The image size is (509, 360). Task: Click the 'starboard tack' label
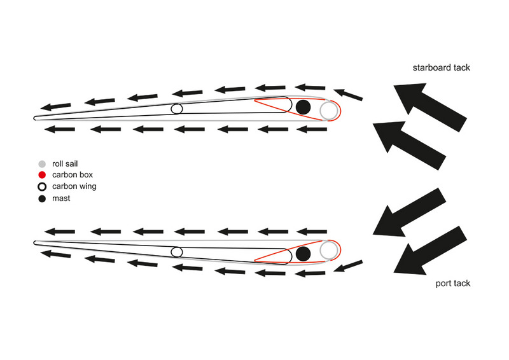(x=441, y=67)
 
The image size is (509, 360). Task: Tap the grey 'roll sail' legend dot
(x=42, y=163)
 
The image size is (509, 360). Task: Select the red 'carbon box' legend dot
(x=42, y=175)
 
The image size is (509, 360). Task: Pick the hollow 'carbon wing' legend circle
(x=42, y=187)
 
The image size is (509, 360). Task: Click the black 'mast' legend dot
(x=42, y=198)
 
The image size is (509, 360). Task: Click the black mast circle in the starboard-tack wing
(x=303, y=107)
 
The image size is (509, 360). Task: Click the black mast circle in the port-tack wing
(x=303, y=254)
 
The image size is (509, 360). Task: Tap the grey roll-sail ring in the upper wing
(x=328, y=110)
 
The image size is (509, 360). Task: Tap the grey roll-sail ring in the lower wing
(x=328, y=250)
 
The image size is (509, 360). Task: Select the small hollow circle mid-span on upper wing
(x=177, y=109)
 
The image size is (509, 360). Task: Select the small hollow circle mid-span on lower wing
(x=177, y=252)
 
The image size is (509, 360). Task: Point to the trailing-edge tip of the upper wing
(x=35, y=118)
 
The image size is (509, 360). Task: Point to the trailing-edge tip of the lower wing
(x=35, y=242)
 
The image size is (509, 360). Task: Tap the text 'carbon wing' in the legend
(x=74, y=187)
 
